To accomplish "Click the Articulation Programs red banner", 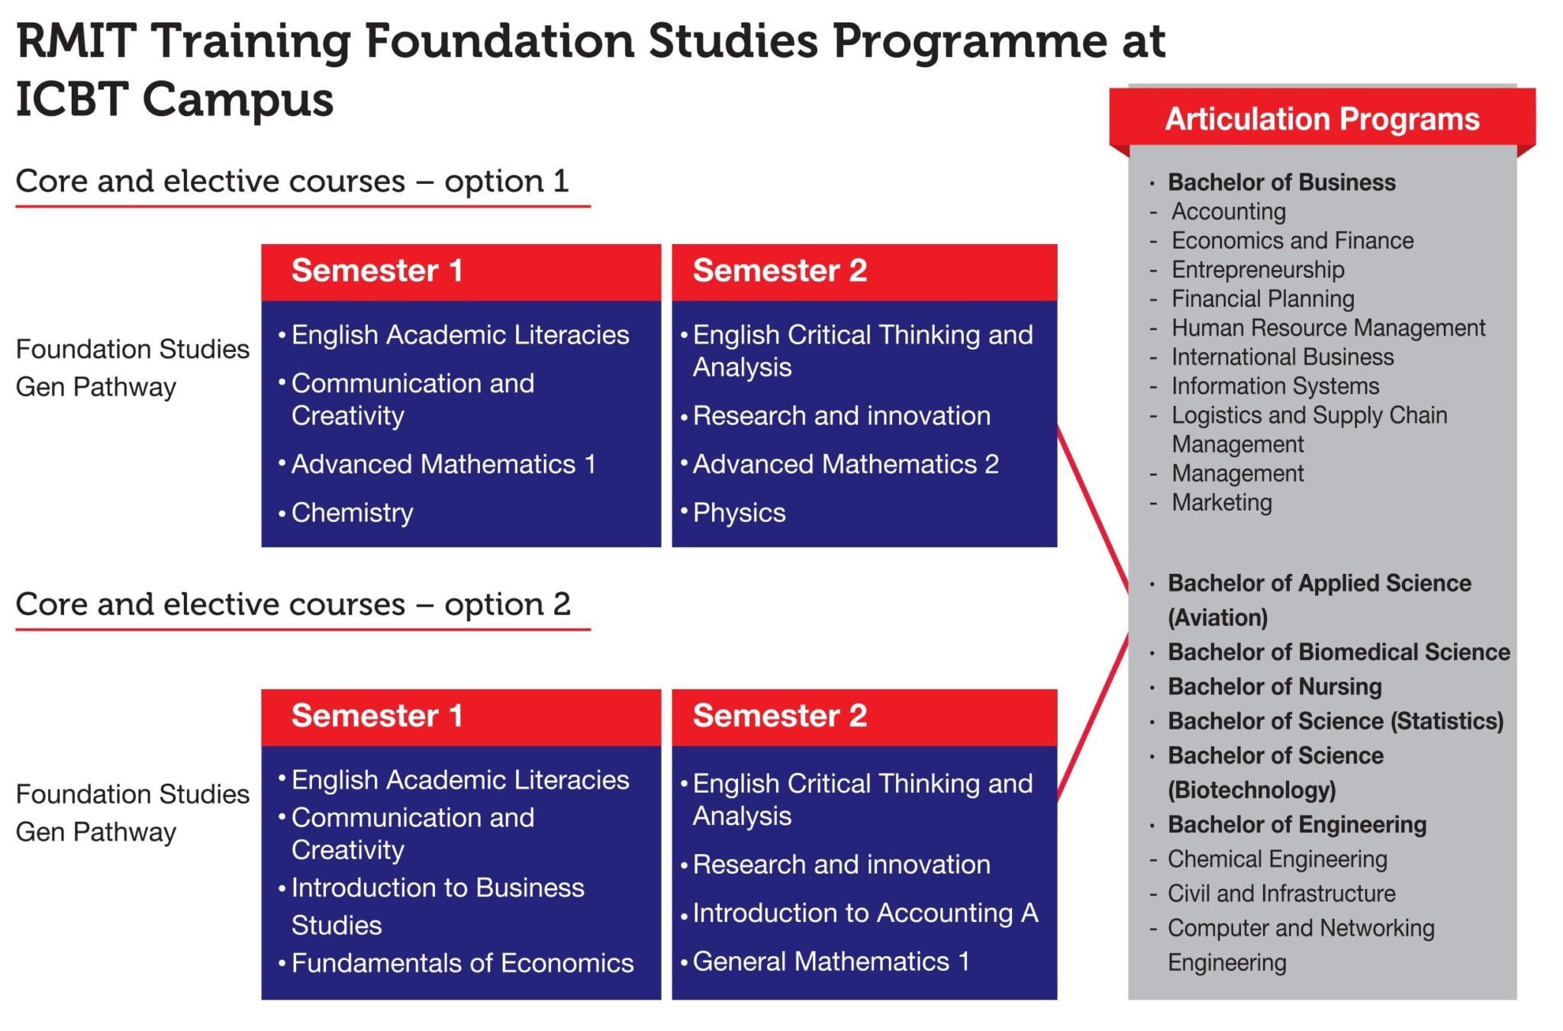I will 1321,119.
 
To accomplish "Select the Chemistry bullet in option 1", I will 352,513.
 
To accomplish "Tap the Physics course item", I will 739,513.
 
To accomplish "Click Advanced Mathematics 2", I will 846,464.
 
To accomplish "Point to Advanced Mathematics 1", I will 443,464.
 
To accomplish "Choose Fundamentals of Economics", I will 462,963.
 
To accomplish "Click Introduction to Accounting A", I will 865,913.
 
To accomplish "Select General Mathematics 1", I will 830,962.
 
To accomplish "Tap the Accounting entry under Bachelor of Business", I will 1229,211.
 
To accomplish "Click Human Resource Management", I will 1328,328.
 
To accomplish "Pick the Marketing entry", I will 1222,503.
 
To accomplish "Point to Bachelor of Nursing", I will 1275,687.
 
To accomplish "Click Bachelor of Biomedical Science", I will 1339,652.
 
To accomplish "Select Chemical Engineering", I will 1277,859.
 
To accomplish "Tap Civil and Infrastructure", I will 1281,894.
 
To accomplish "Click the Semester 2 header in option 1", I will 779,271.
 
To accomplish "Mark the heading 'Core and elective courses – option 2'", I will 293,604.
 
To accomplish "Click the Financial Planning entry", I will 1262,299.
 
